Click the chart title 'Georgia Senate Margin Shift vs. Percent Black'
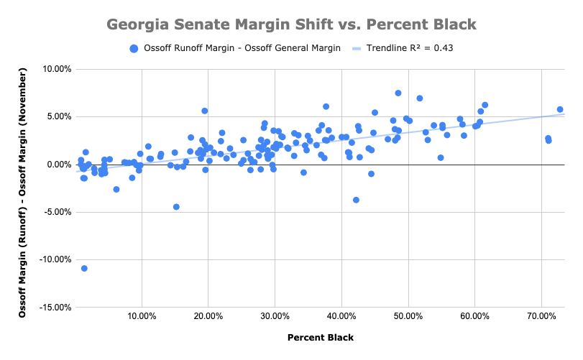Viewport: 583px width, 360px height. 291,25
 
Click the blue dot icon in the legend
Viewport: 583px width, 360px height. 134,49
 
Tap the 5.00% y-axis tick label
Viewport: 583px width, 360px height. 57,117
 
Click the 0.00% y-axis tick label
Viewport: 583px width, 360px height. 57,165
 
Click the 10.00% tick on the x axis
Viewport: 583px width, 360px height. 142,317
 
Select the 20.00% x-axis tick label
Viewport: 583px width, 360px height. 208,317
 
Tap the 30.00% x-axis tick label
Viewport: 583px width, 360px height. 275,317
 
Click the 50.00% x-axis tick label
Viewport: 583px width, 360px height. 408,317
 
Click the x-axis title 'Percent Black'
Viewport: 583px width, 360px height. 320,338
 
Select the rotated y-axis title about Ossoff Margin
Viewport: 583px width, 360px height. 22,188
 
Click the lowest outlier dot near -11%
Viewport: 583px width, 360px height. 84,268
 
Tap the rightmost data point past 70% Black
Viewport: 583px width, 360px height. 560,109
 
